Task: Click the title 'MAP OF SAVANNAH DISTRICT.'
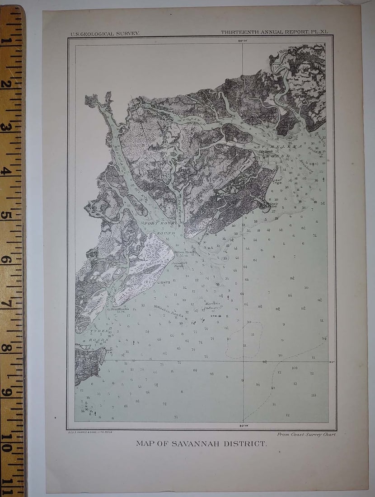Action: [201, 443]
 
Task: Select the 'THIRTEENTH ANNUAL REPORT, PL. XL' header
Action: [274, 33]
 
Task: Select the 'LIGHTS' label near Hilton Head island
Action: [164, 282]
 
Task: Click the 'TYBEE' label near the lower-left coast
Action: [98, 331]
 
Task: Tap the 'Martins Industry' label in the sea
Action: [212, 305]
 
